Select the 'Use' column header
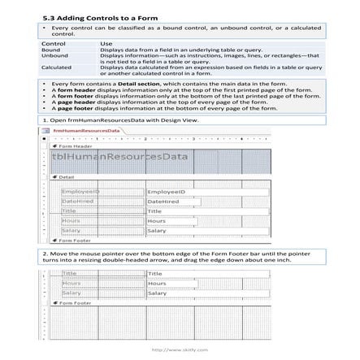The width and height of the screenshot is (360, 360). pyautogui.click(x=106, y=43)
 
